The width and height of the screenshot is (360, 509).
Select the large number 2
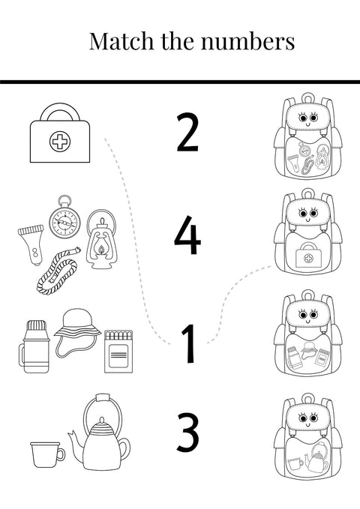pyautogui.click(x=187, y=132)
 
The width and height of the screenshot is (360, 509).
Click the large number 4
pyautogui.click(x=187, y=235)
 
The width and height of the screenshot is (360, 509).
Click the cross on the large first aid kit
pyautogui.click(x=58, y=140)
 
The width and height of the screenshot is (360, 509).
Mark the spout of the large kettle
pyautogui.click(x=73, y=439)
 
